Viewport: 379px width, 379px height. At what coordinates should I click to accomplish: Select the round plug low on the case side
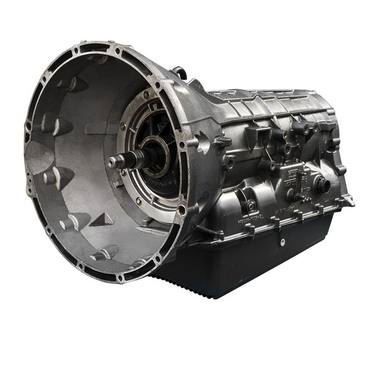[x=251, y=205]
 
